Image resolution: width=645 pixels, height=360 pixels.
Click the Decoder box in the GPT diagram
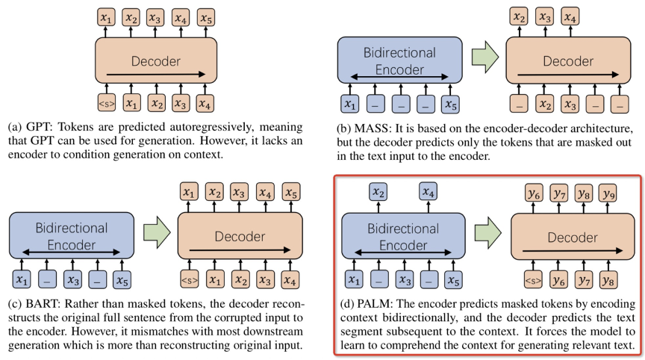pos(156,60)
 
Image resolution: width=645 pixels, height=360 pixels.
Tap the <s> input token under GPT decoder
pos(107,103)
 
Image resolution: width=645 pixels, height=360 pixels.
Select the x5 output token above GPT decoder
pos(206,18)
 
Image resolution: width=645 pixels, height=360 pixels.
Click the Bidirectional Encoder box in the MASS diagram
pos(399,60)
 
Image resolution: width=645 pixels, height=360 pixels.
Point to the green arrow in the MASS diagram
pos(485,58)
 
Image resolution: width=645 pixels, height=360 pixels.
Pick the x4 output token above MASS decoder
pos(570,17)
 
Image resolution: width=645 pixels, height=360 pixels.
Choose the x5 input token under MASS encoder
pos(450,105)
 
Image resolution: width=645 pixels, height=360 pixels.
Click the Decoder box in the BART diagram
pos(240,236)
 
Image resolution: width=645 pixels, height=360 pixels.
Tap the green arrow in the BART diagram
pos(157,232)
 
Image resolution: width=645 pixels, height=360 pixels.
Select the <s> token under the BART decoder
pos(190,280)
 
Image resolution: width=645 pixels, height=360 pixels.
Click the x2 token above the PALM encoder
pos(378,192)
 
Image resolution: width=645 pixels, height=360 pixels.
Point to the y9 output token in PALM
pos(608,193)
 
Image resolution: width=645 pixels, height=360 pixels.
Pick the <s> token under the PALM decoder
pos(533,281)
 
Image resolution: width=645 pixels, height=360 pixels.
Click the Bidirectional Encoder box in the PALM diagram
pos(403,236)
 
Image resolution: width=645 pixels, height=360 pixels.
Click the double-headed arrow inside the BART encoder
pos(71,252)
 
